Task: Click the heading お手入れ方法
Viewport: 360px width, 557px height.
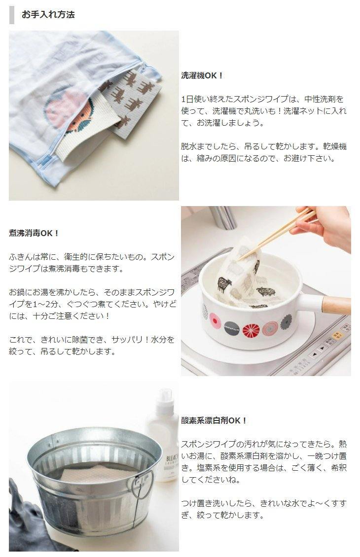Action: pos(48,15)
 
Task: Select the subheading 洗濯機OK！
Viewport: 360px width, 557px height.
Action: pos(202,75)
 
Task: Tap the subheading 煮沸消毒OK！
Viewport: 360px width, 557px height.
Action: pos(34,233)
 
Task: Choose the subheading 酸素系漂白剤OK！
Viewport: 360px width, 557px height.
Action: pos(214,420)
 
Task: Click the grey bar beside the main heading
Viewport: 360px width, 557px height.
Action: pos(11,15)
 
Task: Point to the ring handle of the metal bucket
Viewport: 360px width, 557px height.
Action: pos(143,484)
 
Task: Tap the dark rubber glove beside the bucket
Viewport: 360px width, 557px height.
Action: pos(25,522)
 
